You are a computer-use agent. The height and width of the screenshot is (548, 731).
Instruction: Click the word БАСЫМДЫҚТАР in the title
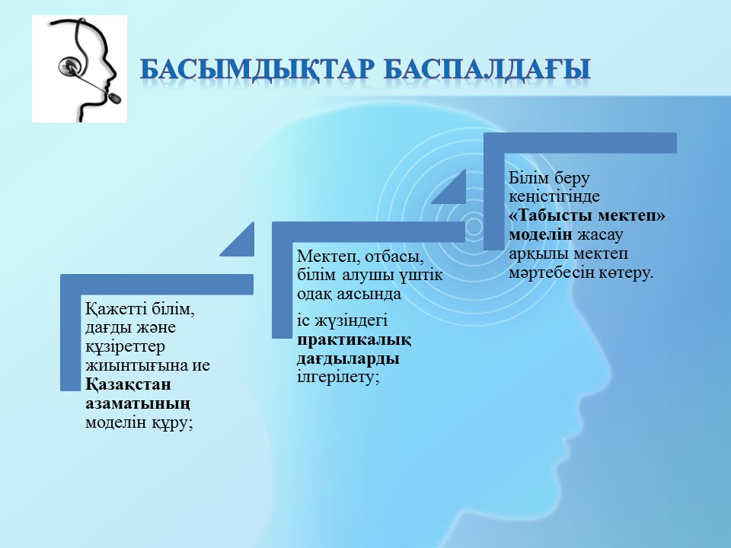257,70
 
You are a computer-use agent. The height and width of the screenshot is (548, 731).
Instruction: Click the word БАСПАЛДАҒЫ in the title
488,70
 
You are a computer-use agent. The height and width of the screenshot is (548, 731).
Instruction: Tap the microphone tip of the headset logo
115,98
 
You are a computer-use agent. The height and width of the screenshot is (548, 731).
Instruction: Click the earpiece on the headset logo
70,66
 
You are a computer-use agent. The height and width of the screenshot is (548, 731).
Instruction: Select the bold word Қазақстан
128,385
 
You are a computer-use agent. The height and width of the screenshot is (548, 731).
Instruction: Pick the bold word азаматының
138,403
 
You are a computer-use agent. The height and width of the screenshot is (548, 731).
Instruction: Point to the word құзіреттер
125,348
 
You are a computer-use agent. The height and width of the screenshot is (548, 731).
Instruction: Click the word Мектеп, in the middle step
329,256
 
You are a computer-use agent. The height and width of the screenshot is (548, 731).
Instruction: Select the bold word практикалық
354,340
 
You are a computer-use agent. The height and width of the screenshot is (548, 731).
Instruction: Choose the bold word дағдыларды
348,358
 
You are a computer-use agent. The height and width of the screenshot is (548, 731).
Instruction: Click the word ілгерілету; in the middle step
338,377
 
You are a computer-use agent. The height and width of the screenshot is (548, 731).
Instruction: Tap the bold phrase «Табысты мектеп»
587,215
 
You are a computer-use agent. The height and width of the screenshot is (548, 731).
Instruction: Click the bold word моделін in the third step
541,234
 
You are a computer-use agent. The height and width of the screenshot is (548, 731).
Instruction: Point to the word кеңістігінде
554,196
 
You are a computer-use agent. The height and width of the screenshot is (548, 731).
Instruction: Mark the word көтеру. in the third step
625,272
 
